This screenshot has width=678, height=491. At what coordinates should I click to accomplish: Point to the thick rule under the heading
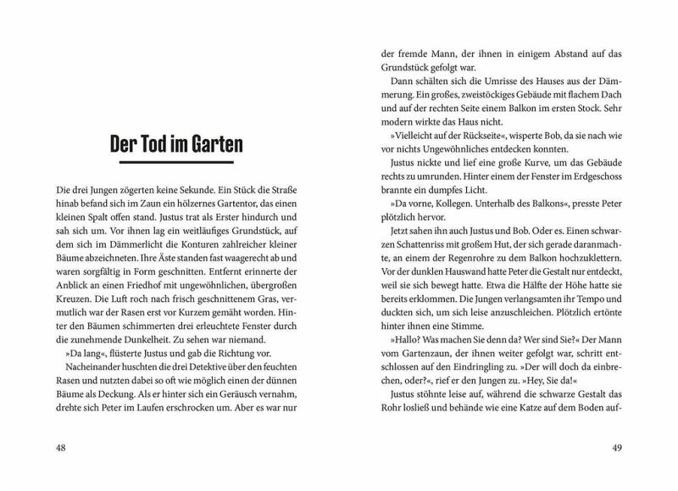click(x=176, y=165)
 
